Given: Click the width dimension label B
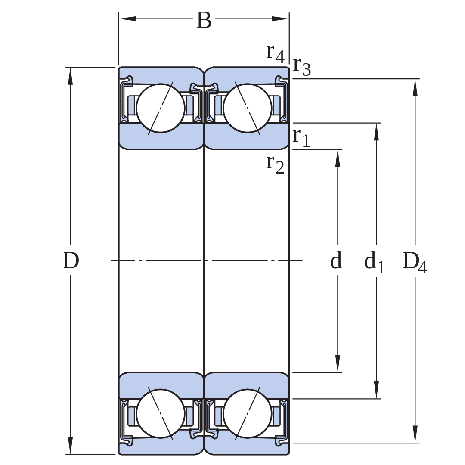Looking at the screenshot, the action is tap(204, 21).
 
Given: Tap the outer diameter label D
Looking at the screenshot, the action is tap(71, 260).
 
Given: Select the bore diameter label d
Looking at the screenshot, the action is tap(336, 260).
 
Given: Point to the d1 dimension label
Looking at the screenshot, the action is tap(374, 262).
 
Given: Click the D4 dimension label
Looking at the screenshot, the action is tap(415, 262).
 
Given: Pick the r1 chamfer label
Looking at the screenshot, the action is tap(301, 138).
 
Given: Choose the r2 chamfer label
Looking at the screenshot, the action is tap(275, 164).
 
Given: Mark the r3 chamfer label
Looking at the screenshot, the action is tap(302, 67).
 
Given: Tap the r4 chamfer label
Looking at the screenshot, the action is tap(276, 53).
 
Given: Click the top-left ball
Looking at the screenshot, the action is tap(161, 108).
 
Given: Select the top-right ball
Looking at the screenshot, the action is tap(247, 108).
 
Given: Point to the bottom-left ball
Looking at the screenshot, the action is tap(161, 413).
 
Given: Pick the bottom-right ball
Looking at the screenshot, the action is tap(247, 413).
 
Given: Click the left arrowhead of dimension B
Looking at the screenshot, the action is tap(127, 19).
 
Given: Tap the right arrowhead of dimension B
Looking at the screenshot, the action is tap(280, 19).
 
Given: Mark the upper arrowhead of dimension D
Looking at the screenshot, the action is tap(70, 76).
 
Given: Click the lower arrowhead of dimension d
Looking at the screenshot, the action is tap(338, 363).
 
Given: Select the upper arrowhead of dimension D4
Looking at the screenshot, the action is tap(415, 87).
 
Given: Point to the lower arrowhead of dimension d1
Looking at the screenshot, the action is tap(377, 390).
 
